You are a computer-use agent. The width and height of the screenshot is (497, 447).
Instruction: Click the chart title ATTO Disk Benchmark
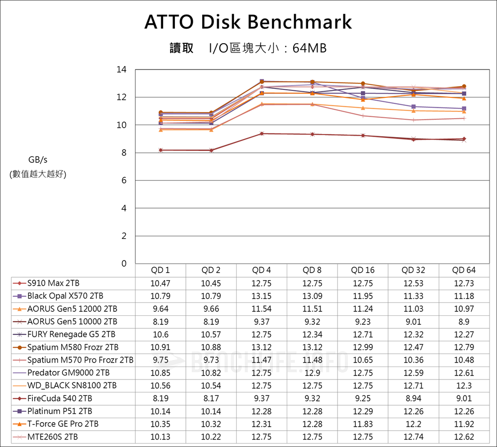(x=248, y=22)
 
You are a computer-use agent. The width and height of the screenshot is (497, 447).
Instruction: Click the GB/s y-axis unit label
(x=38, y=159)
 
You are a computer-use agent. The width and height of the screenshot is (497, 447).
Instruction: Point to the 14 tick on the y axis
(x=121, y=70)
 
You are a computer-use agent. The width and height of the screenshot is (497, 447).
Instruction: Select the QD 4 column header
(x=261, y=270)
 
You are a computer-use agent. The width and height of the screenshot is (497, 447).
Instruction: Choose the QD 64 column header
(x=464, y=270)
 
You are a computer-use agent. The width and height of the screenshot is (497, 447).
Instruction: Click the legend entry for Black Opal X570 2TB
(x=65, y=296)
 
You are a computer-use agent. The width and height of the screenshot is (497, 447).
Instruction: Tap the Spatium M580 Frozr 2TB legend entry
(x=73, y=347)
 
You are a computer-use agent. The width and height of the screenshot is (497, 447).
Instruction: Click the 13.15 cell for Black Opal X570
(x=261, y=296)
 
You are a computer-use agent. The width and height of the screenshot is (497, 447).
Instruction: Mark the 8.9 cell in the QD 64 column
(x=464, y=322)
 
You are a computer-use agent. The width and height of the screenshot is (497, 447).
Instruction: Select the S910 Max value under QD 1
(x=161, y=283)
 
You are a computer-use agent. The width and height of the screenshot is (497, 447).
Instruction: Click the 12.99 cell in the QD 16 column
(x=363, y=347)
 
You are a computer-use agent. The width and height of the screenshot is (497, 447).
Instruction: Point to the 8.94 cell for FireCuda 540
(x=414, y=398)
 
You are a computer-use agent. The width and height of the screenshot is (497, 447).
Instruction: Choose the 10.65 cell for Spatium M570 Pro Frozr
(x=363, y=360)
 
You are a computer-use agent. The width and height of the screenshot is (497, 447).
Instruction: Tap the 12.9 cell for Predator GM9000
(x=312, y=373)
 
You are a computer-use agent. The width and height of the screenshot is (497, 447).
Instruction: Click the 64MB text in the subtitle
(x=310, y=49)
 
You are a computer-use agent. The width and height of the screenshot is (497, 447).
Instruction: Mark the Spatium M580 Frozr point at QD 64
(x=464, y=86)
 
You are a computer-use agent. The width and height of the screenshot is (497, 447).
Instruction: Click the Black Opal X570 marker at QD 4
(x=262, y=81)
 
